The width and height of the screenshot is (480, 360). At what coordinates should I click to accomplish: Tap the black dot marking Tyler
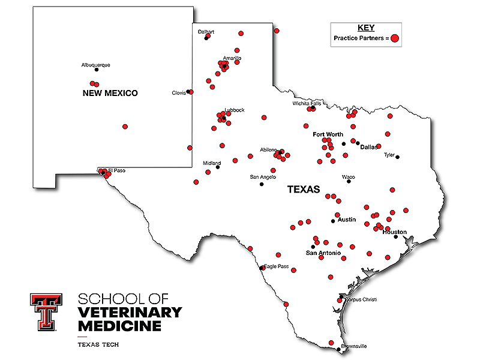click(x=397, y=157)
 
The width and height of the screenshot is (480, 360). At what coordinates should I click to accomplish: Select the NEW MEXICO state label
click(x=110, y=93)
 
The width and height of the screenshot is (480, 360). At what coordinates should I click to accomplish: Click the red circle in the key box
click(x=395, y=38)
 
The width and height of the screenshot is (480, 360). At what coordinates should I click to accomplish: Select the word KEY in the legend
click(x=365, y=28)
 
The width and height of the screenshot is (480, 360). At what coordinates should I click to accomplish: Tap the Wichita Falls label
click(x=307, y=103)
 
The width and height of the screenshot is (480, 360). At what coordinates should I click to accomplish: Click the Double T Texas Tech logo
click(x=46, y=312)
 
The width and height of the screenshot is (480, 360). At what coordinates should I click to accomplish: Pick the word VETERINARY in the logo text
click(x=130, y=312)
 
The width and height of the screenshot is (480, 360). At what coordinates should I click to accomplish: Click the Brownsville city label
click(x=353, y=346)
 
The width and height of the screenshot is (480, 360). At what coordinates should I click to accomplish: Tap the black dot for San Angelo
click(x=262, y=184)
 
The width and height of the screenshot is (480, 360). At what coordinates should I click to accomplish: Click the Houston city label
click(x=394, y=232)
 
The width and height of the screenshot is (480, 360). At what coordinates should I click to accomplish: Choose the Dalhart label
click(x=206, y=32)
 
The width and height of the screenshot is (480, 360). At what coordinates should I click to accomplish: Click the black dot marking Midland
click(x=218, y=167)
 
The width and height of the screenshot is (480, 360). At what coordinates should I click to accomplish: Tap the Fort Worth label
click(x=328, y=134)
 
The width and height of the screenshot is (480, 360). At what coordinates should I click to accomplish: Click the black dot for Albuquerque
click(x=97, y=70)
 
